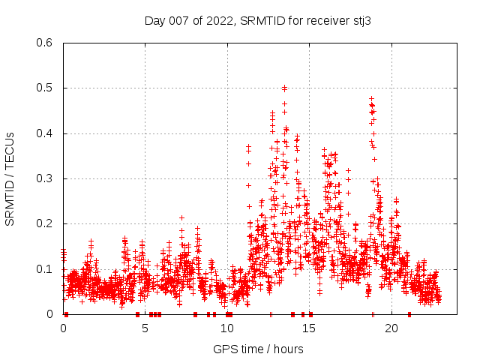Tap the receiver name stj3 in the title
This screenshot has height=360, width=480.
[361, 21]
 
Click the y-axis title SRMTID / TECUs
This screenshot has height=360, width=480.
[10, 178]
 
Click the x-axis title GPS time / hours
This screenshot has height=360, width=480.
[258, 349]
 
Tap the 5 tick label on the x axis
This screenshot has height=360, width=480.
[145, 328]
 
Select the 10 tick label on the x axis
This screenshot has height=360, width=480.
[227, 328]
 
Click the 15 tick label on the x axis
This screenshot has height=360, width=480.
[309, 328]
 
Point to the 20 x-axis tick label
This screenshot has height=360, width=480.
[391, 328]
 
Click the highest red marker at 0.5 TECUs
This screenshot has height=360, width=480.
[284, 88]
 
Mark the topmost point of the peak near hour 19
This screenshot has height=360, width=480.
[371, 98]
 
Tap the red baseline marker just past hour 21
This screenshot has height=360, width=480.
[409, 314]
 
